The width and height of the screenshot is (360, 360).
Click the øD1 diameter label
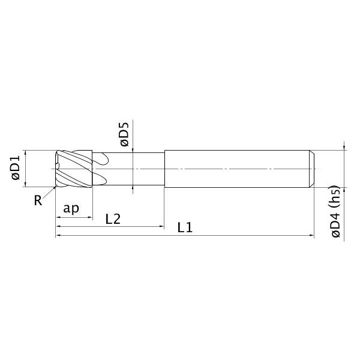[x=16, y=169]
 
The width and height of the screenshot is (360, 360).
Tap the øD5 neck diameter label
[x=124, y=135]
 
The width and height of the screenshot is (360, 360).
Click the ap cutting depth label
[x=71, y=208]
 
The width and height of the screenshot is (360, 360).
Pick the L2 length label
[x=113, y=219]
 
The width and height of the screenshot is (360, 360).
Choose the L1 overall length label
[x=185, y=228]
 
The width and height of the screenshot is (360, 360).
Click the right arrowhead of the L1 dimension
[x=311, y=236]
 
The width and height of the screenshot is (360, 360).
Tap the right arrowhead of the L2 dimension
[x=161, y=227]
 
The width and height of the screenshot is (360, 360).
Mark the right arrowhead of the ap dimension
[x=89, y=217]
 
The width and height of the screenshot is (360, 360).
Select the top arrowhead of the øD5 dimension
[x=133, y=151]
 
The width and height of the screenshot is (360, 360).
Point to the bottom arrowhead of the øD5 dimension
[x=133, y=190]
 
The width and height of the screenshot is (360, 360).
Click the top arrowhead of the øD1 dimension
[x=25, y=152]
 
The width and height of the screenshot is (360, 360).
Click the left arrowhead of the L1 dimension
[x=58, y=236]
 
